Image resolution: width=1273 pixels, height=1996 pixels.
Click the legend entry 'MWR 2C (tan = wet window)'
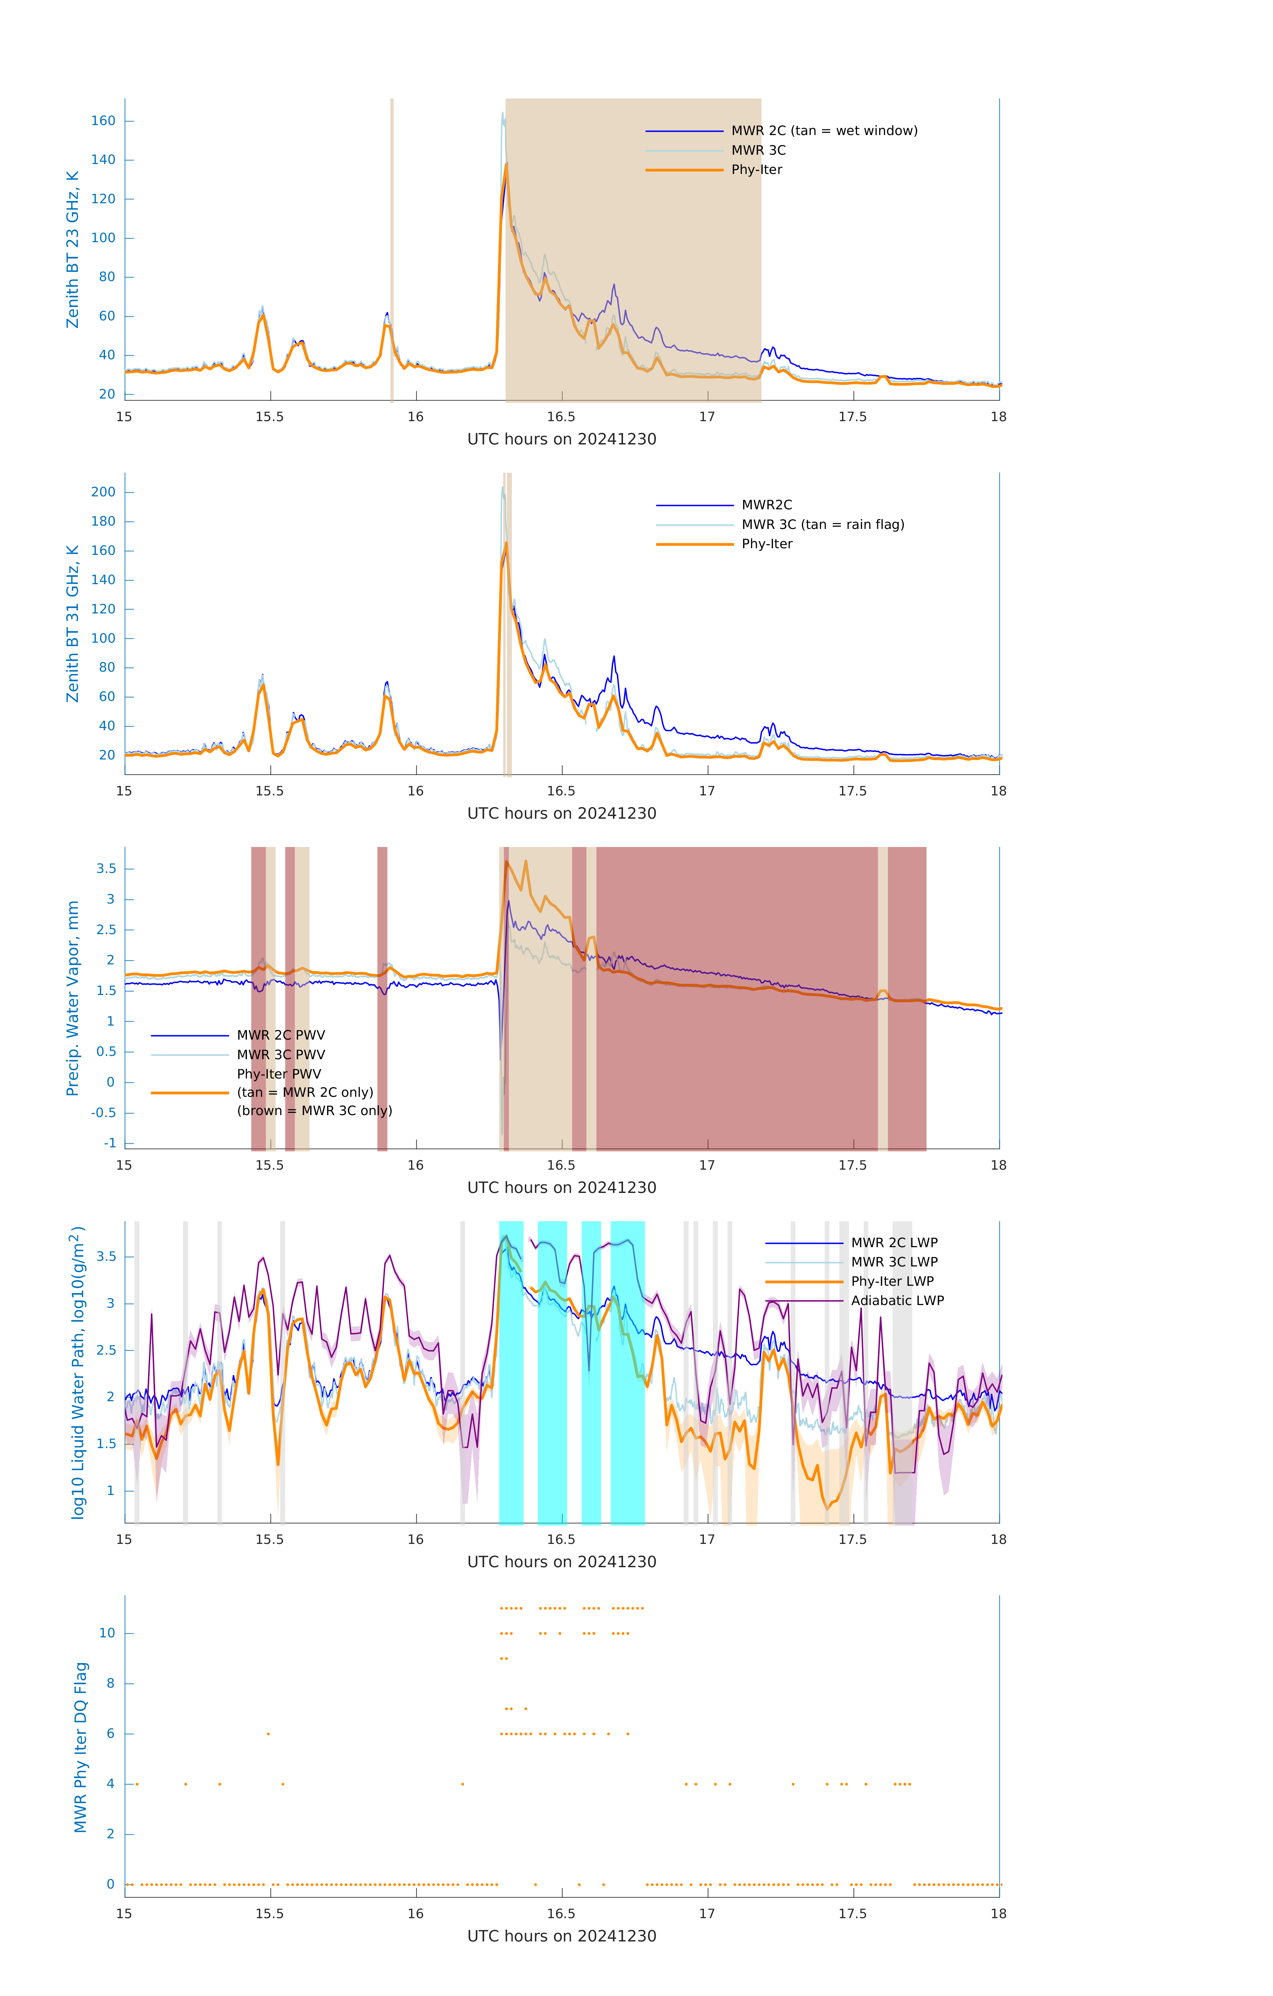(x=823, y=131)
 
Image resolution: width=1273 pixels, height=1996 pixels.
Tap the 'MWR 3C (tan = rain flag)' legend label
(x=822, y=525)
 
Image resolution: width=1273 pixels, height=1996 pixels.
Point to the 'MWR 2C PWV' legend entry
(x=280, y=1035)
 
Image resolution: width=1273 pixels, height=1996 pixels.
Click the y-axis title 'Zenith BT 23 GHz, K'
(x=73, y=249)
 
